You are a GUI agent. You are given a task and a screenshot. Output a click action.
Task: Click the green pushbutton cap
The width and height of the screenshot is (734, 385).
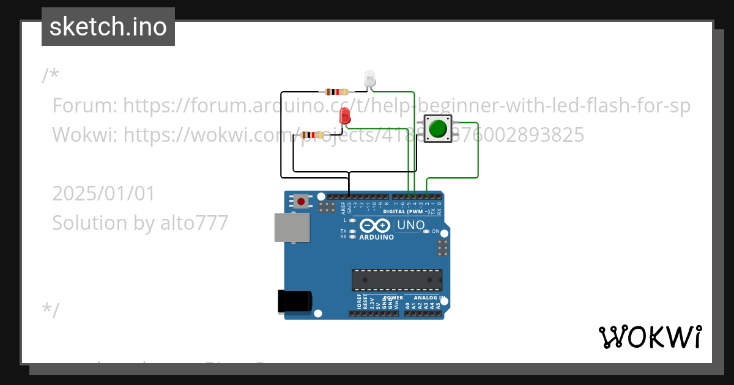click(437, 128)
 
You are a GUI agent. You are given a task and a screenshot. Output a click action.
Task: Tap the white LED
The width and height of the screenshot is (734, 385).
click(369, 78)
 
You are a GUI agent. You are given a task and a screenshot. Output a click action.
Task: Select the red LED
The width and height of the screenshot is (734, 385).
click(345, 115)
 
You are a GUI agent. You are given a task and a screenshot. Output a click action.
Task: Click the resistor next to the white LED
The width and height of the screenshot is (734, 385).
click(337, 92)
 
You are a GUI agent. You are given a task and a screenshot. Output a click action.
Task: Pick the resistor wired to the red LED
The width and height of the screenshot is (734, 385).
click(313, 135)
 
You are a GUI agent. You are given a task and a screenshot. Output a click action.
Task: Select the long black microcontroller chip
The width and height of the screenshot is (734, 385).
click(396, 279)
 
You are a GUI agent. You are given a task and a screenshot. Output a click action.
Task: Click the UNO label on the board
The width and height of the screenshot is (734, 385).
click(410, 225)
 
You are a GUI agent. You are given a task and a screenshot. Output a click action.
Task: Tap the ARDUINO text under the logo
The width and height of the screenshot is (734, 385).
click(376, 237)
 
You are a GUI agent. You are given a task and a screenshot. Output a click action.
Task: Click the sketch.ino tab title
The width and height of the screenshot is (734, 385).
click(108, 27)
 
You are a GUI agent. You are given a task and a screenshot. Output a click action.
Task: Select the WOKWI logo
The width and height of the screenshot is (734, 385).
click(650, 337)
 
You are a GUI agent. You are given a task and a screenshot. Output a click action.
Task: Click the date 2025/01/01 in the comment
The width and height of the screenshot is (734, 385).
click(104, 193)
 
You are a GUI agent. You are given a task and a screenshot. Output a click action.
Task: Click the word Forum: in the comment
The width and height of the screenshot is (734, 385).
click(85, 106)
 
